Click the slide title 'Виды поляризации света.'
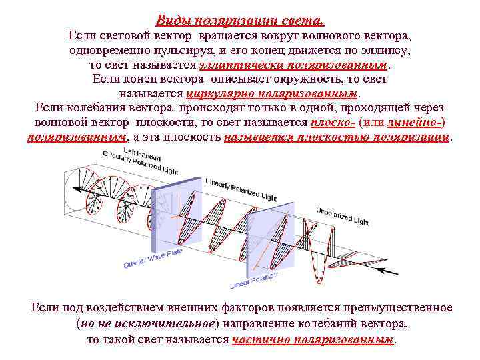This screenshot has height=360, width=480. tap(239, 20)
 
